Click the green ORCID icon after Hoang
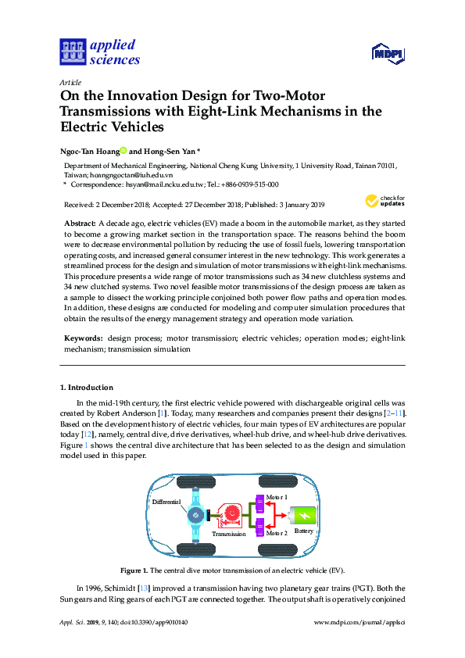click(x=123, y=152)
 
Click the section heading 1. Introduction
click(x=87, y=387)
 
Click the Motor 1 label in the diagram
click(x=277, y=497)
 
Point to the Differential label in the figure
click(x=167, y=501)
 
